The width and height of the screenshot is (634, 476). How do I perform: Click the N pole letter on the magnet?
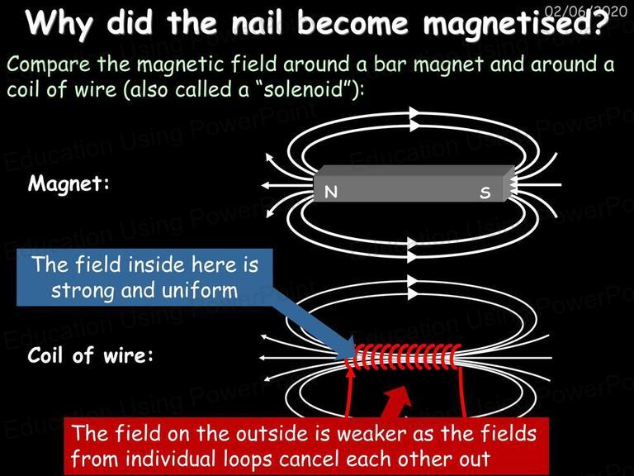tap(331, 192)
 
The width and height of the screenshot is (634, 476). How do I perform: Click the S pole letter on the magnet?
tap(485, 193)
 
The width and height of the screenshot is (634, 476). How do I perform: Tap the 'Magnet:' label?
tap(69, 183)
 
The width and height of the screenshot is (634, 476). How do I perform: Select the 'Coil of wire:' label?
tap(91, 355)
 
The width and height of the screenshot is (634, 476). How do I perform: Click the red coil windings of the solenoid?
tap(404, 357)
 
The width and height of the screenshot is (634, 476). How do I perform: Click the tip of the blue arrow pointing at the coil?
tap(353, 356)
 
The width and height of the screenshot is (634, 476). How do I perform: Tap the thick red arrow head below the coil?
tap(398, 397)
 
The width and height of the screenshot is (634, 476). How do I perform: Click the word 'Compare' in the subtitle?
tap(49, 64)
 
